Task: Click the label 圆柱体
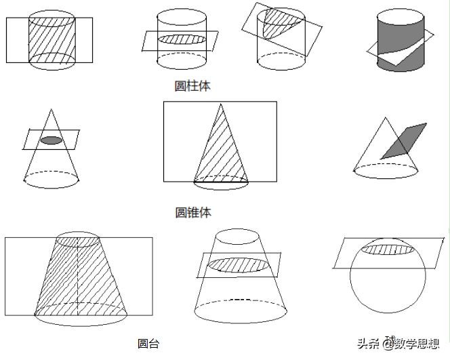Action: point(193,85)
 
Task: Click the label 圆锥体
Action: point(193,212)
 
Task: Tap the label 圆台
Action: point(148,343)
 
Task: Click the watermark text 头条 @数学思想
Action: point(398,344)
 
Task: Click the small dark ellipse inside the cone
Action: point(51,140)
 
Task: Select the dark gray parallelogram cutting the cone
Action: point(404,140)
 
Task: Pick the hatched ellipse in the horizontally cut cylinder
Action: point(182,39)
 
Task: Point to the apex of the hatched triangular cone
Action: point(219,104)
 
